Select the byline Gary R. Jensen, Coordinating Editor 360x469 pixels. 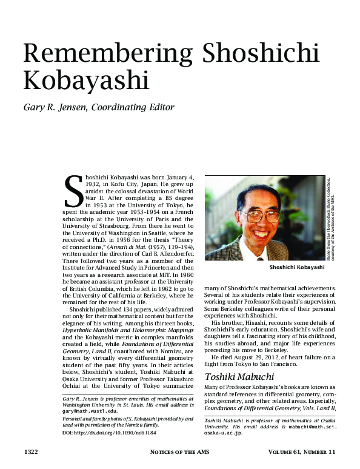coord(98,108)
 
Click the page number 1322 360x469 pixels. coord(32,452)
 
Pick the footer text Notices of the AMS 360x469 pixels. coord(179,452)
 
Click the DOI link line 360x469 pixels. coord(104,433)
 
